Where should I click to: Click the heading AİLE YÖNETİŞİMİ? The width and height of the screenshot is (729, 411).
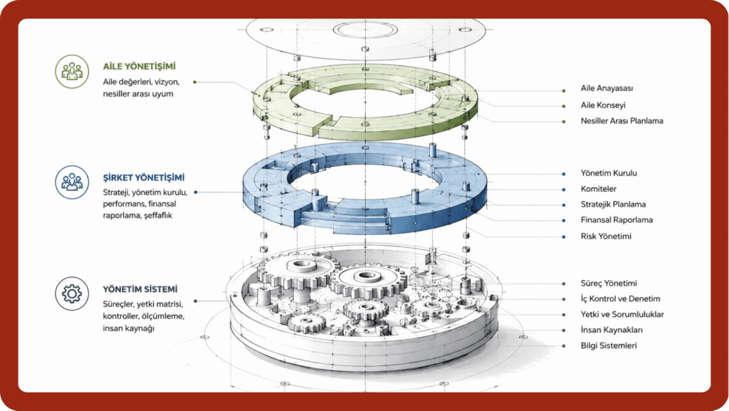click(x=140, y=66)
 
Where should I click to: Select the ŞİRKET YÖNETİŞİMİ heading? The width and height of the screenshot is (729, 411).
click(x=144, y=177)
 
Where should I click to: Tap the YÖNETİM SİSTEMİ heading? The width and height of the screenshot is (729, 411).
click(x=140, y=289)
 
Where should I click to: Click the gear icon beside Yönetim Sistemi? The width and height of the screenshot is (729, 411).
click(x=72, y=294)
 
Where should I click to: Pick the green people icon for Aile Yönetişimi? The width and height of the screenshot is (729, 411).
click(x=72, y=72)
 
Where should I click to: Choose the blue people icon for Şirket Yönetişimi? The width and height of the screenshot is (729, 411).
click(x=72, y=182)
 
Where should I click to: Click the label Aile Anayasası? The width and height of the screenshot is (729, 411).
click(x=607, y=88)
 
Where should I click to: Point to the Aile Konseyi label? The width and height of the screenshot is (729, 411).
click(x=603, y=105)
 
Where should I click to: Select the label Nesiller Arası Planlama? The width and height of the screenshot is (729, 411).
click(x=622, y=121)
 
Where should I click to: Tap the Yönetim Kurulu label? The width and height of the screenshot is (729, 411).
click(x=609, y=173)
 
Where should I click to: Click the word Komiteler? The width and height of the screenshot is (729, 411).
click(x=598, y=189)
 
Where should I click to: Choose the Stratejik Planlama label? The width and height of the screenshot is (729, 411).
click(x=613, y=204)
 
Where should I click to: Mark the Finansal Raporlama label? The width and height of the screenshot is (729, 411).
click(x=617, y=220)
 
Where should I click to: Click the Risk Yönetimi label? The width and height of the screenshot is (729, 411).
click(x=606, y=236)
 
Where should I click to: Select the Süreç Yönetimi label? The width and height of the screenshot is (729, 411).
click(x=609, y=283)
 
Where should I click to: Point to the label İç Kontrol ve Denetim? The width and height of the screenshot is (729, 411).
click(x=620, y=299)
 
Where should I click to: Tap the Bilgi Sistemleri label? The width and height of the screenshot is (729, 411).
click(x=609, y=345)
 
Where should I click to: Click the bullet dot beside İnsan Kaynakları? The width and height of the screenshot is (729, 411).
click(x=564, y=331)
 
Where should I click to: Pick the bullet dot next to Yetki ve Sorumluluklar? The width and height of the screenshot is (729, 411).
click(x=564, y=315)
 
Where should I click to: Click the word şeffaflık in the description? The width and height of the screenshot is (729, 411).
click(x=158, y=215)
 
